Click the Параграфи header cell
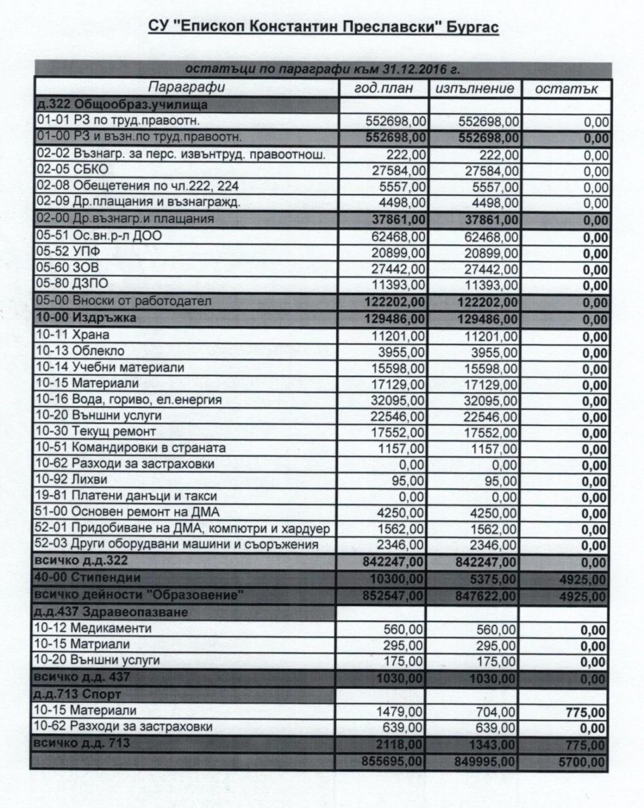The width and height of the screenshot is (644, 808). [187, 88]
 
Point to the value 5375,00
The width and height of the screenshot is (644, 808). [495, 579]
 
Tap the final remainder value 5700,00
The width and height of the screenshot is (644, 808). [584, 762]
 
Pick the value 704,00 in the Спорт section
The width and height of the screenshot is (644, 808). [497, 711]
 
